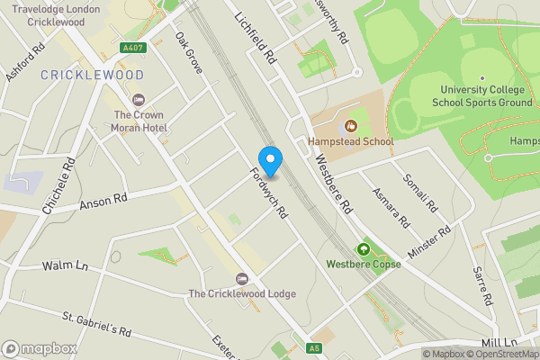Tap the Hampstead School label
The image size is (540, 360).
point(350,141)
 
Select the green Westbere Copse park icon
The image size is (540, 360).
point(364,249)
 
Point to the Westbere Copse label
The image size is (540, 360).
point(364,265)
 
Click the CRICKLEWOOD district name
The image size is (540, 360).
point(92,75)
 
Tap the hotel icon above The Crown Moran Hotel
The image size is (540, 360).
point(138,99)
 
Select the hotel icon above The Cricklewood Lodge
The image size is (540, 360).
point(240,278)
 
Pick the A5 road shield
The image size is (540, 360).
point(314,347)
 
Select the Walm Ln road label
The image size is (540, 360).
point(66,266)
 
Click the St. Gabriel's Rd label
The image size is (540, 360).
point(97,325)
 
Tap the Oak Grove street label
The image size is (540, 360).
point(189,53)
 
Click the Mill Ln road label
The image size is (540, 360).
point(499,343)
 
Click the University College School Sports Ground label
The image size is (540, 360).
point(482,95)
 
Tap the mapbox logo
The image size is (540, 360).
point(40,348)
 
